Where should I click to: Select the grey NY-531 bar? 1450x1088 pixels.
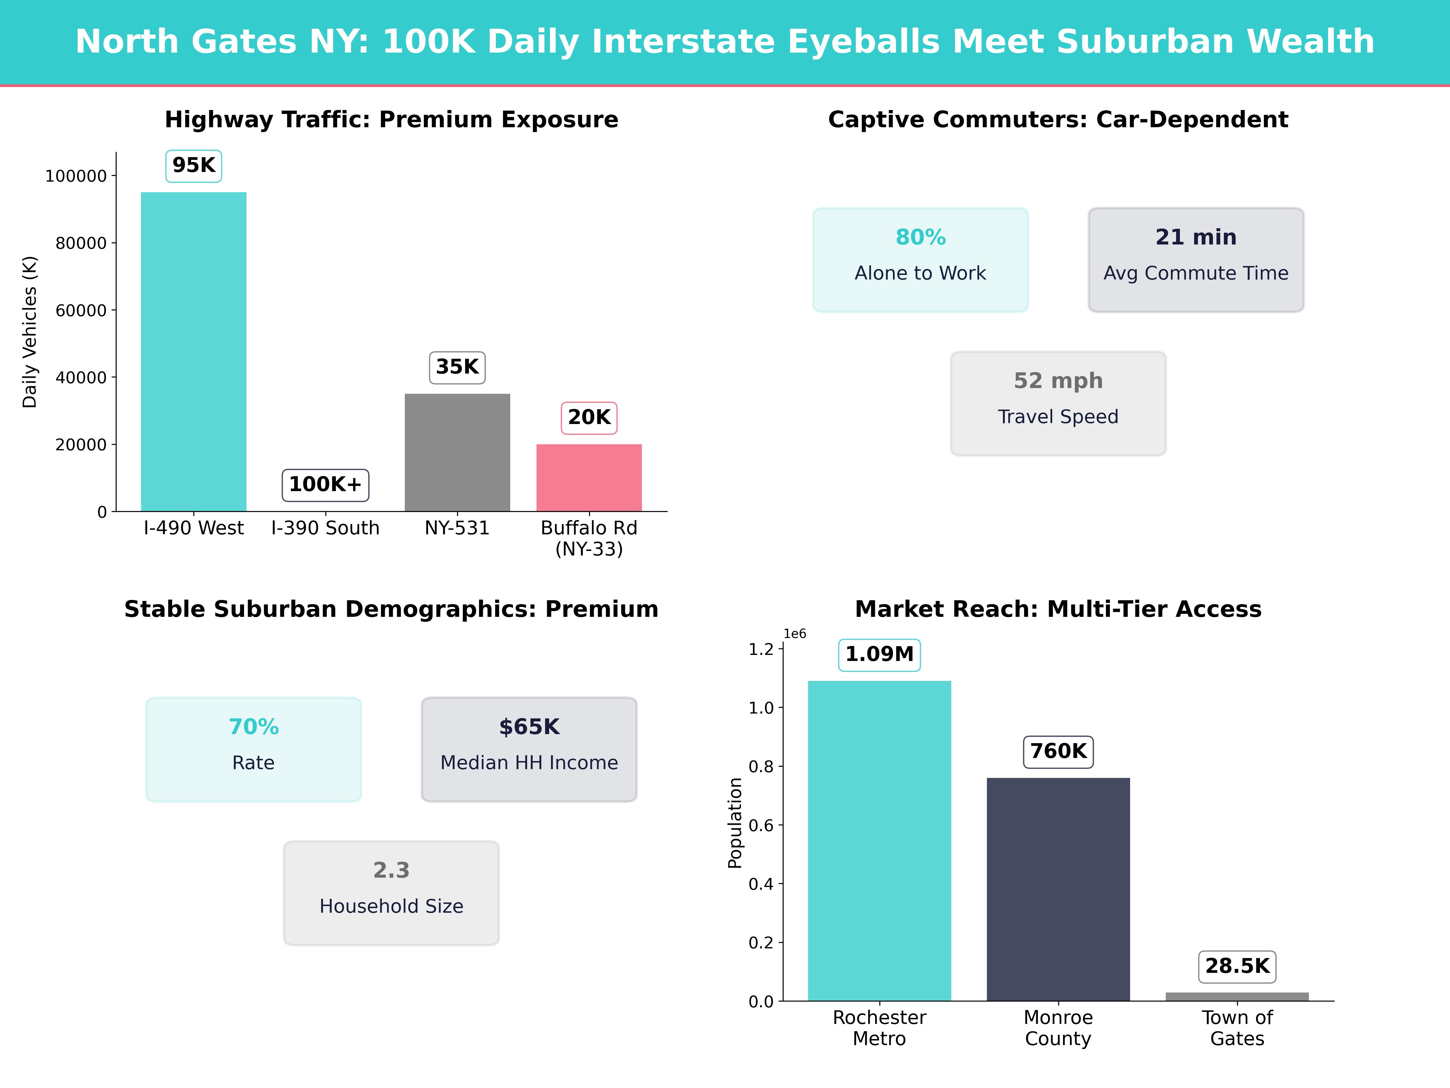(x=457, y=452)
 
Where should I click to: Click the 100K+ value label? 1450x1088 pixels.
(x=325, y=485)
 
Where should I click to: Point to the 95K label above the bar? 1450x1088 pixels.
(x=193, y=165)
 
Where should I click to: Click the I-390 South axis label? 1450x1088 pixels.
(x=325, y=528)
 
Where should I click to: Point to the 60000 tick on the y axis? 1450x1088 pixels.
(x=81, y=310)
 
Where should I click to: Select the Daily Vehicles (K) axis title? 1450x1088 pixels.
(x=30, y=332)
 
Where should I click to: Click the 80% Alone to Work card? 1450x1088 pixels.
(x=920, y=260)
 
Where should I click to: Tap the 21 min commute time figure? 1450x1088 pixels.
(x=1196, y=237)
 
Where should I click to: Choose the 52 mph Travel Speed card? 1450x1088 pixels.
(x=1058, y=403)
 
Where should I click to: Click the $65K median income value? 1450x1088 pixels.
(x=529, y=727)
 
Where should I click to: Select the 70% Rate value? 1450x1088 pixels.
(x=254, y=727)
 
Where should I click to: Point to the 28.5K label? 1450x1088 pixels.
(x=1237, y=966)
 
